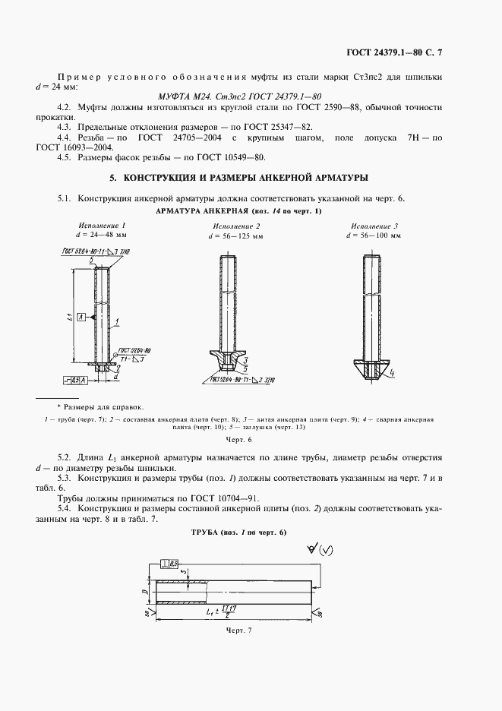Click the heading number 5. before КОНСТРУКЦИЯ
(113, 178)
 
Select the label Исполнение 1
(103, 226)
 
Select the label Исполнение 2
(236, 226)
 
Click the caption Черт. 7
(238, 630)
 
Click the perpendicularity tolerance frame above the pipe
(169, 563)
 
